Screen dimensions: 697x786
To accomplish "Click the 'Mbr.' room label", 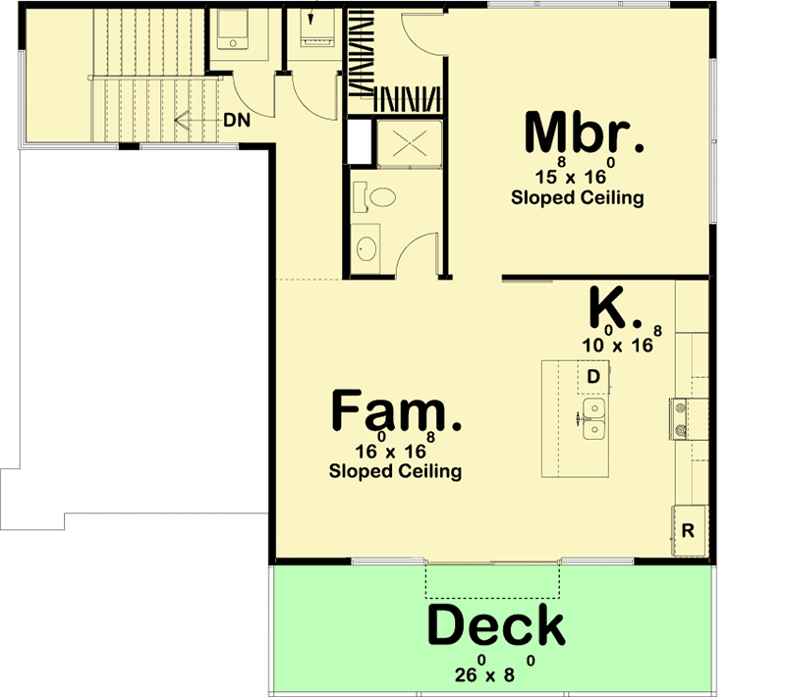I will pos(585,134).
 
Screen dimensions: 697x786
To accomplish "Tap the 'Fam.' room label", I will pos(396,410).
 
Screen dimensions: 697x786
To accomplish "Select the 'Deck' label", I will pos(496,624).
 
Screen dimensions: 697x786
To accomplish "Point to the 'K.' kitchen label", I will pos(615,308).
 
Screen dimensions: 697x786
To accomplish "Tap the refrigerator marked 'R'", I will pos(689,530).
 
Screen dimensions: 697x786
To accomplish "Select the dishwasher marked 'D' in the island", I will pos(593,376).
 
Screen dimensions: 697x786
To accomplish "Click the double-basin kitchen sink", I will pos(594,418).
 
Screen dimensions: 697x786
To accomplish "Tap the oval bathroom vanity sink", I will pos(365,246).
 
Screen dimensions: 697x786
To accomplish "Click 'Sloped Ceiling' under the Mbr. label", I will pos(578,197).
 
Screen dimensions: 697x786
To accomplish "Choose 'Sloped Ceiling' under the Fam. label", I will pos(396,471).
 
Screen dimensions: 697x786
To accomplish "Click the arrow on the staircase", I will pos(183,119).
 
